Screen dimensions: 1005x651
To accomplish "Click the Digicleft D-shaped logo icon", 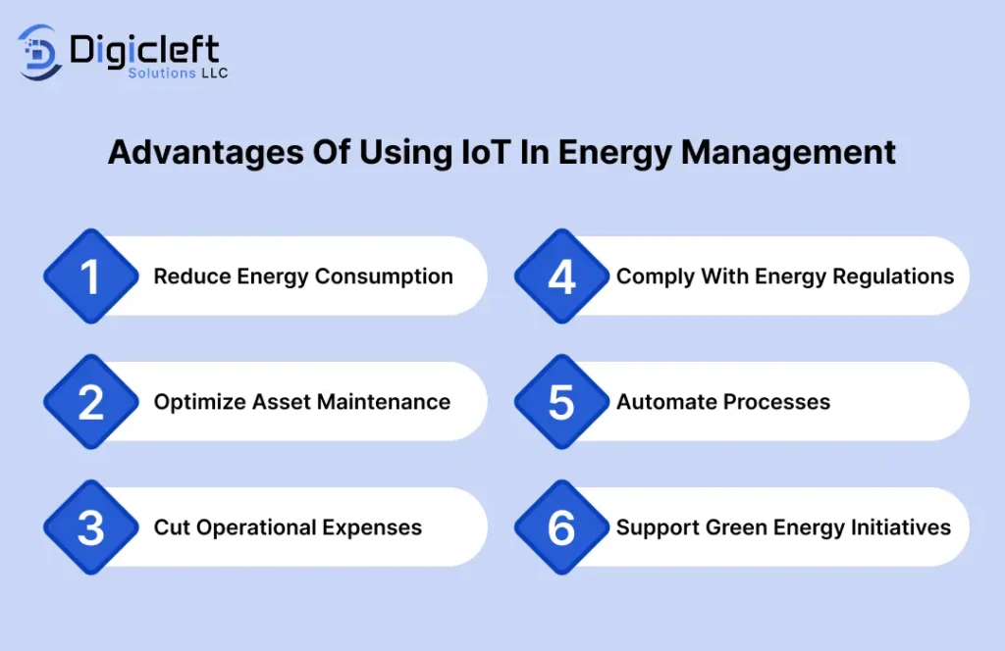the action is click(x=39, y=53).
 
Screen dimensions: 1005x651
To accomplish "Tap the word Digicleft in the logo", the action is click(x=144, y=50).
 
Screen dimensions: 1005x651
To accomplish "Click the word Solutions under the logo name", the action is click(x=162, y=73).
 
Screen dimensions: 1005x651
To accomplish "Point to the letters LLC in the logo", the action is click(x=214, y=73).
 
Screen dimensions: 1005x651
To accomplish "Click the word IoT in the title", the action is click(x=486, y=152).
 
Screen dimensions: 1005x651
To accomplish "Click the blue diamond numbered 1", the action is click(x=91, y=275).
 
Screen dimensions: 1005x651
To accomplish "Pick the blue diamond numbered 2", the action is click(x=91, y=401).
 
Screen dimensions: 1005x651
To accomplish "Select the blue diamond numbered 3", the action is click(x=91, y=526).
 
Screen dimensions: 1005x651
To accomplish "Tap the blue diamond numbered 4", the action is click(x=561, y=275).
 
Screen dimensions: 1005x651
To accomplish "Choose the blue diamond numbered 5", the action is click(x=561, y=401).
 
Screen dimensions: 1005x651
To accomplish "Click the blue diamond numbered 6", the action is click(x=561, y=526).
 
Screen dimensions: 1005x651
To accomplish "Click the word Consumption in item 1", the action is click(x=384, y=276).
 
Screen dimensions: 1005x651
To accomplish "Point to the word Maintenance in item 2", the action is click(x=384, y=401).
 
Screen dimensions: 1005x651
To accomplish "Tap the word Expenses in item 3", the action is click(x=372, y=527).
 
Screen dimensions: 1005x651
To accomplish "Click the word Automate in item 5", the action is click(x=667, y=401).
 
